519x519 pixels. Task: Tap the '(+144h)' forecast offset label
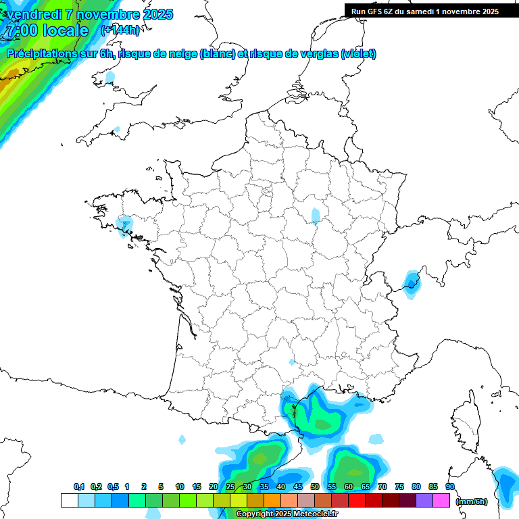coord(120,30)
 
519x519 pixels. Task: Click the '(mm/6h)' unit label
coord(472,501)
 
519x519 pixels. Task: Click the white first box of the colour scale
coord(69,500)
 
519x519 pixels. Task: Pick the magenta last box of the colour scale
coord(442,500)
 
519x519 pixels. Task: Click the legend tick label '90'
coord(449,487)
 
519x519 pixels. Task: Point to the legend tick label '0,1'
coord(79,487)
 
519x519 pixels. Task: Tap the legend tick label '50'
coord(314,487)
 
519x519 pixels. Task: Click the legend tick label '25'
coord(230,487)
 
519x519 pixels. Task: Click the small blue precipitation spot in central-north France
coord(316,216)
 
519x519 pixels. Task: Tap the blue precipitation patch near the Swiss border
coord(410,280)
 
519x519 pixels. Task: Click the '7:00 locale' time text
coord(47,30)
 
